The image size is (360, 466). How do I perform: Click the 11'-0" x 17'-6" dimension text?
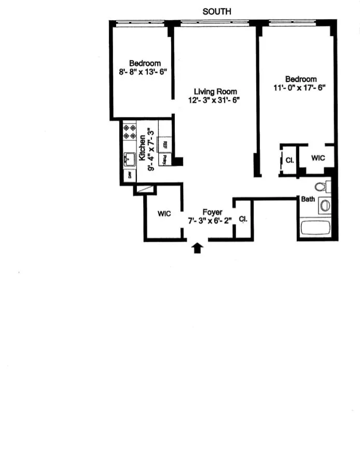pos(299,88)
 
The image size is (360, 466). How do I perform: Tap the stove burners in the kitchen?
pos(129,132)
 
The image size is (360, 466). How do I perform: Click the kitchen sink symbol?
pos(129,159)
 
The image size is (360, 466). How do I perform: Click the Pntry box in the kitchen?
pos(165,159)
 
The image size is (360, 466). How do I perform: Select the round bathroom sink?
pos(325,205)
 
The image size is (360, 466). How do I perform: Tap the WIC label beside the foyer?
pos(164,213)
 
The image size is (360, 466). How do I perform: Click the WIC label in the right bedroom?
pos(318,158)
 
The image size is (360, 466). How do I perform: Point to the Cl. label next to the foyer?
pos(243,219)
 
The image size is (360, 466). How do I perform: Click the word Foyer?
pos(212,212)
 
